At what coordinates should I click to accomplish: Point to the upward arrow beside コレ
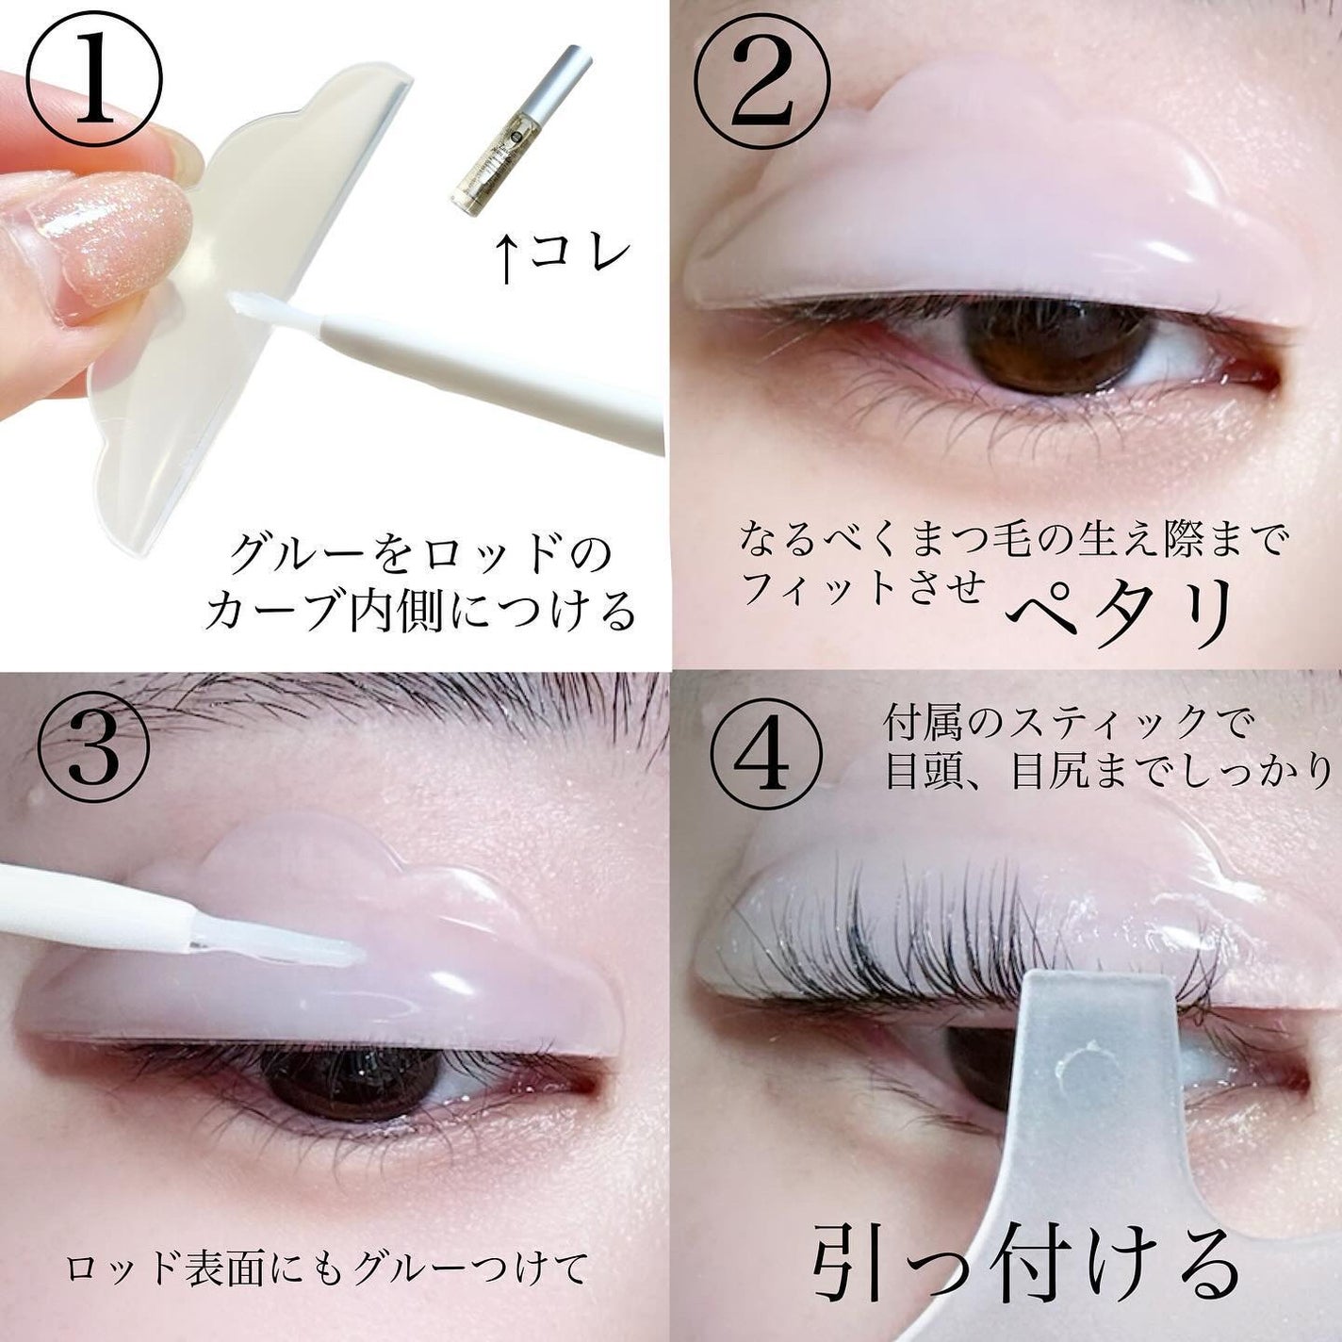tap(508, 260)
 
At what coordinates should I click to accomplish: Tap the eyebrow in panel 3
tap(377, 702)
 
